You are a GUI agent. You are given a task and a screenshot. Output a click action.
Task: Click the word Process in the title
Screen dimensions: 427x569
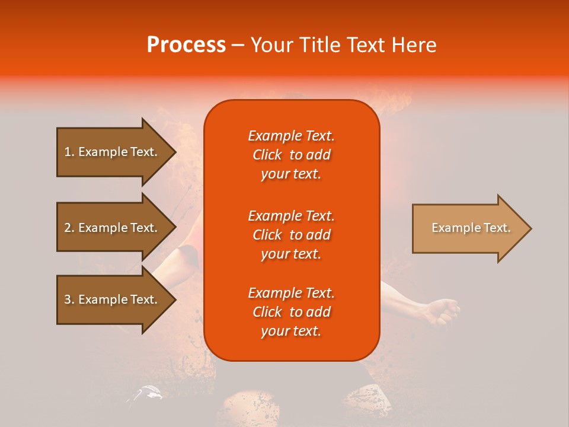(x=186, y=45)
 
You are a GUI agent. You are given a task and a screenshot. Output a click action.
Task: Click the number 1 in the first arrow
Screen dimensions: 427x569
(x=67, y=152)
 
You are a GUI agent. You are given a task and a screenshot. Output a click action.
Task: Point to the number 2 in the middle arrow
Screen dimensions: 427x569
(x=67, y=228)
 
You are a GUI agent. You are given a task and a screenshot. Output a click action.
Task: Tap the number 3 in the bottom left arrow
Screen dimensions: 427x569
(x=67, y=299)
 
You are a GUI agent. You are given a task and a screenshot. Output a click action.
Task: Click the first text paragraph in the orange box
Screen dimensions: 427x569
(x=291, y=155)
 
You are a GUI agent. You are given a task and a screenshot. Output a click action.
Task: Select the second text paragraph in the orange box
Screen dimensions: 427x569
(x=291, y=235)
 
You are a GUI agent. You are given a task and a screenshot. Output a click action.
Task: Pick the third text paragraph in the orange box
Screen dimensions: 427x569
(x=291, y=312)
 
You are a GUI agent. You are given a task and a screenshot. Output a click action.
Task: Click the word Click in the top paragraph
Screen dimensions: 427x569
(x=267, y=155)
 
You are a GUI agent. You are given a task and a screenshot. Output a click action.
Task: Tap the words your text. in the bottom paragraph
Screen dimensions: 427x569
(x=291, y=332)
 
